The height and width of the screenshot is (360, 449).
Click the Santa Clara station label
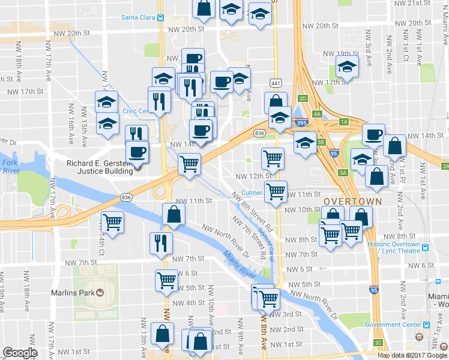(139, 17)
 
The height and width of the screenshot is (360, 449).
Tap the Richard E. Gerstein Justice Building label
(99, 167)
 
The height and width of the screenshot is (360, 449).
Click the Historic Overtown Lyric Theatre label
(393, 248)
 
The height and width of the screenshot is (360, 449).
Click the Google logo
(20, 353)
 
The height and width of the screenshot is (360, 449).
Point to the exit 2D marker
(303, 98)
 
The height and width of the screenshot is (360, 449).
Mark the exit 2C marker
(378, 342)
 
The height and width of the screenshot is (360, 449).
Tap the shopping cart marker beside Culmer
(276, 192)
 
